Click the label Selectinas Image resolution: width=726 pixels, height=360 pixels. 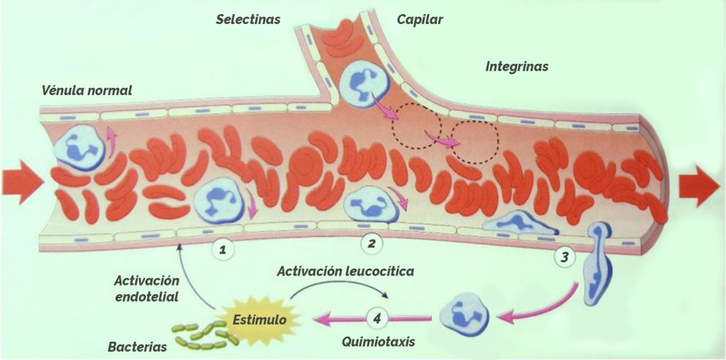tap(248, 20)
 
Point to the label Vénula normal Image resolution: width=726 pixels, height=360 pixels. tap(87, 90)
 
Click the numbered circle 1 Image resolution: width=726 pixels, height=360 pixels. tap(223, 250)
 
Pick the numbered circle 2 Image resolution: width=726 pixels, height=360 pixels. tap(371, 243)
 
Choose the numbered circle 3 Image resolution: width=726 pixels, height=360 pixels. tap(564, 258)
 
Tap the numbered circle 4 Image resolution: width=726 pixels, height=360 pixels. tap(377, 319)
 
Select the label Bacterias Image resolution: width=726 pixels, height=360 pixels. tap(137, 347)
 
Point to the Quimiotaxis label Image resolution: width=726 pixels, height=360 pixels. tap(379, 342)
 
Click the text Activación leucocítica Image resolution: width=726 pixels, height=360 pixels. tap(345, 271)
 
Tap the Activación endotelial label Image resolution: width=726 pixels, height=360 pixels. tap(146, 288)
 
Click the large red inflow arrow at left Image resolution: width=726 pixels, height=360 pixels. tap(22, 181)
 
